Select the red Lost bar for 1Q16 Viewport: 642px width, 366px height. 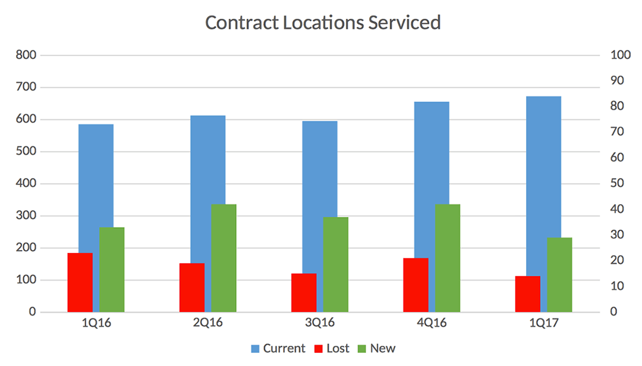point(80,282)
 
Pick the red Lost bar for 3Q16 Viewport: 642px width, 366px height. point(304,292)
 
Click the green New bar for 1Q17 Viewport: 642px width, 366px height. point(559,274)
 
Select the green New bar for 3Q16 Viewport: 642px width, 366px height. point(335,264)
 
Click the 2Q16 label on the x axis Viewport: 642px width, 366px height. point(207,323)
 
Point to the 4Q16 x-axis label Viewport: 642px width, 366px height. point(432,323)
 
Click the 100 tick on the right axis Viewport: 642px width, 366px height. point(620,55)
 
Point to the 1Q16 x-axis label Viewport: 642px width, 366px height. point(96,323)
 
